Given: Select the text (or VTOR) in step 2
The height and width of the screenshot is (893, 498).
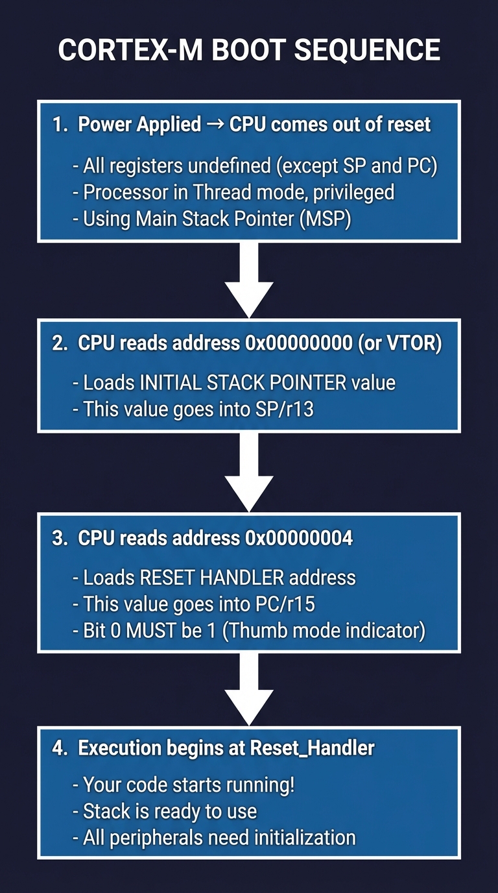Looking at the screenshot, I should tap(400, 343).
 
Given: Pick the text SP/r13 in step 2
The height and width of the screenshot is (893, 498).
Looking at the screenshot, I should tap(283, 409).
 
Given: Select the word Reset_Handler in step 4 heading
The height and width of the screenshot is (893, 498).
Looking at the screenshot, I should tap(312, 748).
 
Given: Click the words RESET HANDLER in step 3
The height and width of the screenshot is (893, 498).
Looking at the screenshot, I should tap(212, 577).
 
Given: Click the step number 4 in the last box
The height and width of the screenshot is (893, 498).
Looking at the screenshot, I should tap(58, 748).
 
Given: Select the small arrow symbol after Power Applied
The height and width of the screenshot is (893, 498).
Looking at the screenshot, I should tap(215, 125).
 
